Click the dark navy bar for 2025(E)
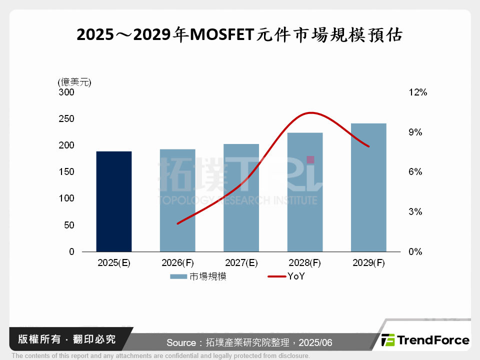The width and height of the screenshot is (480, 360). point(114,201)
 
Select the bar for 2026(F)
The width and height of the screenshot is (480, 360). point(177,200)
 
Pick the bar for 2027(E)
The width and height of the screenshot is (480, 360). point(241,198)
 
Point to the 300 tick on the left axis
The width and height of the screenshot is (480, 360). point(67,92)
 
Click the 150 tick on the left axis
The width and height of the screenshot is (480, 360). point(67,172)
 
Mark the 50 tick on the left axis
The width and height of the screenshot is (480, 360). point(69,225)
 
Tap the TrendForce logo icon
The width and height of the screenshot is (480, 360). point(388,340)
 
